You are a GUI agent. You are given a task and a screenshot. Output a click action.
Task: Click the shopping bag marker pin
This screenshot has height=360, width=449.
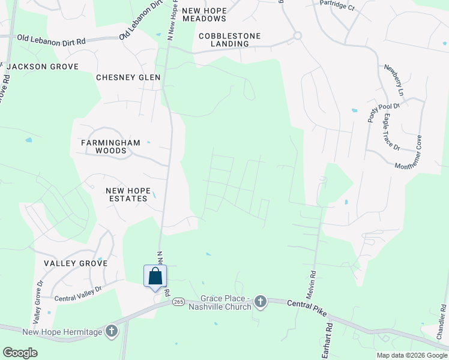tap(155, 277)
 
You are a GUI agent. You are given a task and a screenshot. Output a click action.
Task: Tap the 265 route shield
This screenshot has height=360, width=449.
tap(178, 302)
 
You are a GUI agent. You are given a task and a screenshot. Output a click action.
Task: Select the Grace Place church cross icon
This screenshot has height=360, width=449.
tap(260, 301)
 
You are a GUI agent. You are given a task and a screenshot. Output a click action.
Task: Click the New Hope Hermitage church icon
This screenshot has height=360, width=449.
tap(111, 331)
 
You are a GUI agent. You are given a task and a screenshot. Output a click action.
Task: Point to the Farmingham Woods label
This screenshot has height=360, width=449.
tap(110, 147)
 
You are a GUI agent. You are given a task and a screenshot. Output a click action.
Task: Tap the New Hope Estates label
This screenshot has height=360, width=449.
tap(127, 194)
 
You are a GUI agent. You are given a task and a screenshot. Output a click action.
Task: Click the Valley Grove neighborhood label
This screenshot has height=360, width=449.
tap(76, 263)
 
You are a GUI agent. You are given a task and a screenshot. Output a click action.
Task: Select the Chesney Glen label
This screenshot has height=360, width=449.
tap(128, 77)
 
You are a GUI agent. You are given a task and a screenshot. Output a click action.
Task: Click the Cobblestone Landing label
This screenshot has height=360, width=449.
tap(230, 40)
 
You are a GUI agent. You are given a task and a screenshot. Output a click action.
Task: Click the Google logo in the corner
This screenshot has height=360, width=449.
tap(20, 353)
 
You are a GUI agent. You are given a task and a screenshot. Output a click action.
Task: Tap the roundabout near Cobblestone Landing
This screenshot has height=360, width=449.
tap(297, 36)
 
